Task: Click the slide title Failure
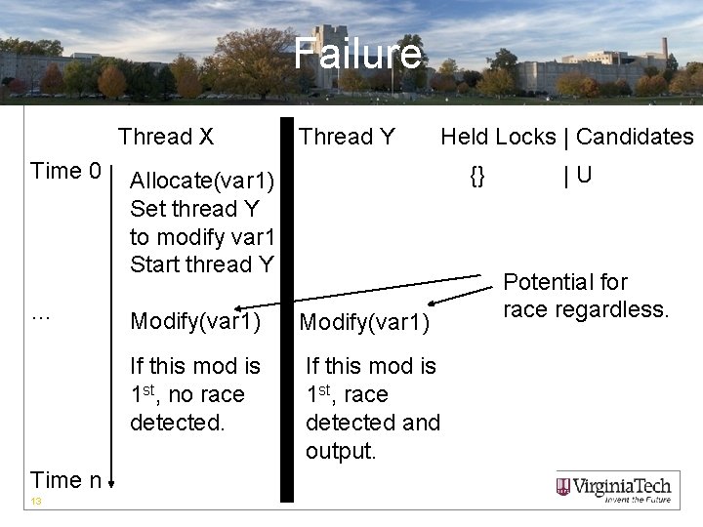tap(358, 55)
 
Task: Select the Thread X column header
tap(166, 137)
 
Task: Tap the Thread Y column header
tap(347, 137)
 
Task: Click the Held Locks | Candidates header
tap(566, 137)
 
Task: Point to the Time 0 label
tap(66, 172)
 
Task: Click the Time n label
tap(66, 479)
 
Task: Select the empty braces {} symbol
tap(476, 176)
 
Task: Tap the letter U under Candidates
tap(584, 176)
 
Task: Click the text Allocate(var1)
tap(203, 181)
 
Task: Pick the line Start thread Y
tap(202, 263)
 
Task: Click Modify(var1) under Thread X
tap(195, 321)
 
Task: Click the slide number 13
tap(36, 502)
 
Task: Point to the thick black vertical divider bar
tap(286, 312)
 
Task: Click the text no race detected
tap(187, 409)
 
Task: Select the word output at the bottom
tap(341, 451)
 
